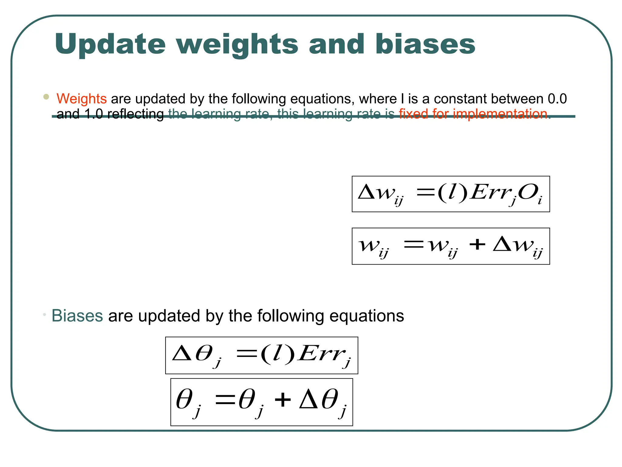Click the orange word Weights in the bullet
(x=81, y=99)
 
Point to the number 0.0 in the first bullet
(x=557, y=99)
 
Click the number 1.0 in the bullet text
(x=94, y=114)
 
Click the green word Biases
(x=77, y=316)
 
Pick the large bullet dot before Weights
(x=46, y=97)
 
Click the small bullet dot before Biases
(x=44, y=314)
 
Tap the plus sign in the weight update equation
(x=477, y=244)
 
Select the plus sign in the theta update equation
(x=283, y=400)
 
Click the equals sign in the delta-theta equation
(x=247, y=354)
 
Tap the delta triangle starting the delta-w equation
(x=367, y=192)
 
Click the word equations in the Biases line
(x=367, y=316)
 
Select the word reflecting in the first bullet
(x=135, y=114)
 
